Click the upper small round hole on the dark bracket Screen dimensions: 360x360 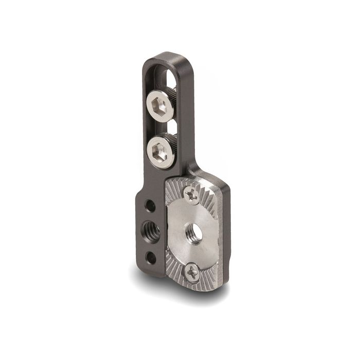click(x=151, y=206)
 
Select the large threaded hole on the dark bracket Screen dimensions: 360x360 click(x=152, y=228)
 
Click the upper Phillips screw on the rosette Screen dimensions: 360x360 click(x=192, y=194)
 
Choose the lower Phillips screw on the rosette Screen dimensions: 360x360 click(x=193, y=272)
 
